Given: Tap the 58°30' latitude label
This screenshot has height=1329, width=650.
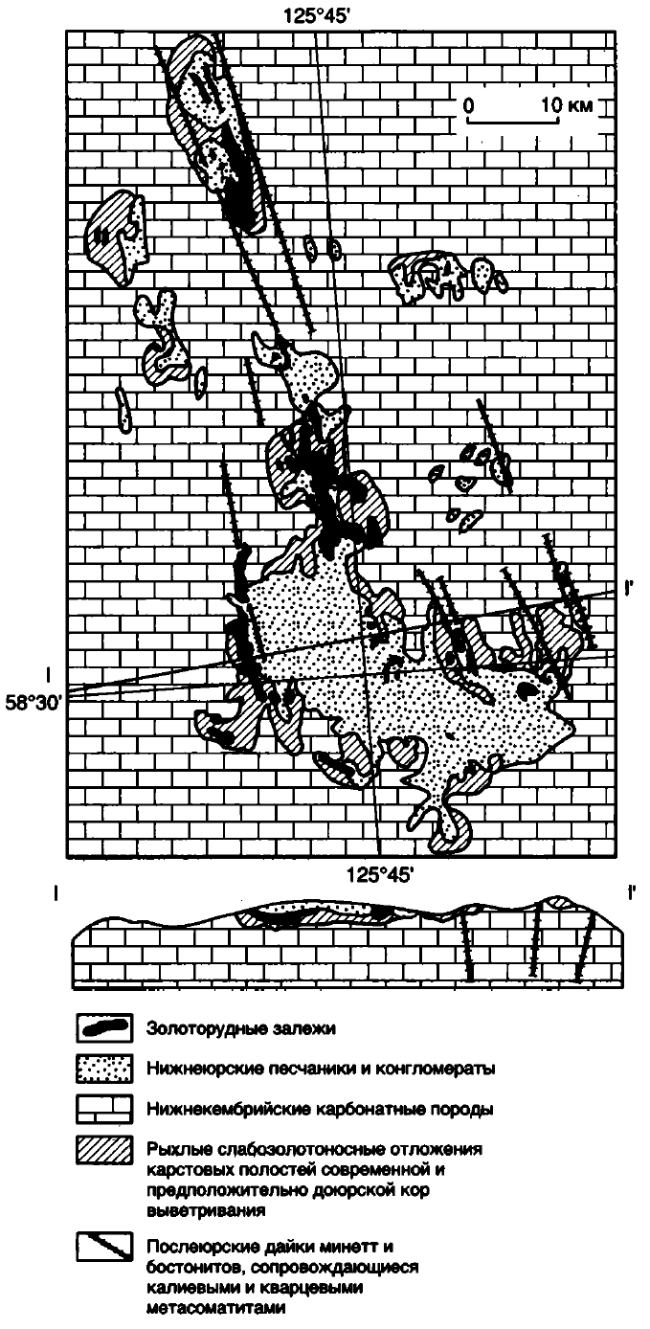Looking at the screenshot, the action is pyautogui.click(x=34, y=704).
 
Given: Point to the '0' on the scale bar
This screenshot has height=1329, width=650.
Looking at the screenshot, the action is pyautogui.click(x=468, y=105).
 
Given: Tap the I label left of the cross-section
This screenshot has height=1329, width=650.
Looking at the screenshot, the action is pyautogui.click(x=56, y=893).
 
